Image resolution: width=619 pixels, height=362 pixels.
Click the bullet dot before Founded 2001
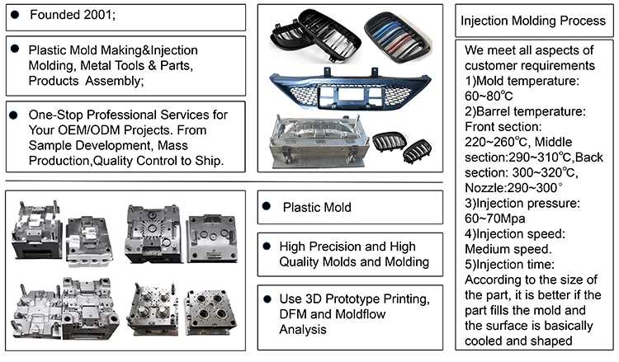(x=15, y=15)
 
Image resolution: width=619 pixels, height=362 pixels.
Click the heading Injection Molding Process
(x=534, y=20)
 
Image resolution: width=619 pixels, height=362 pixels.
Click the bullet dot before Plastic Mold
(x=267, y=207)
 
